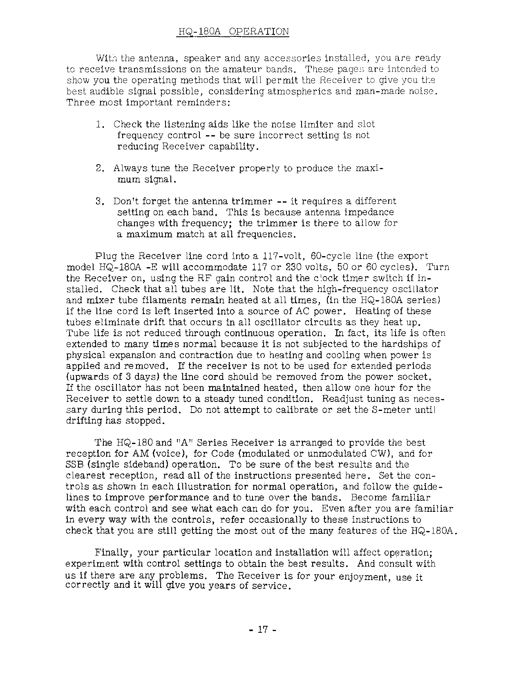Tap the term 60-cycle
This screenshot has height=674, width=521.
[329, 257]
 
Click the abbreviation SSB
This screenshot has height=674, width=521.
[75, 465]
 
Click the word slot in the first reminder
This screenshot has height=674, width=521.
[366, 124]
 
